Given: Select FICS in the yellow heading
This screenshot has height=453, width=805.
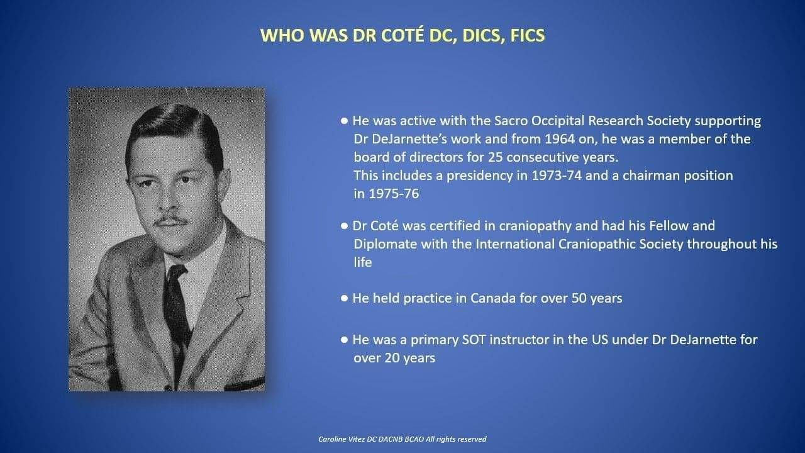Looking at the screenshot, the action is pyautogui.click(x=528, y=35).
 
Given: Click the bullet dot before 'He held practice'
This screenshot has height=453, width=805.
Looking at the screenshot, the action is pyautogui.click(x=344, y=298).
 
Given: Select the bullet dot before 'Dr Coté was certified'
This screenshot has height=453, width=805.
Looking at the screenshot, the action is pyautogui.click(x=344, y=226).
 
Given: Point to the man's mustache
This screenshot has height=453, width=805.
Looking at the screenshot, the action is pyautogui.click(x=170, y=220).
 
